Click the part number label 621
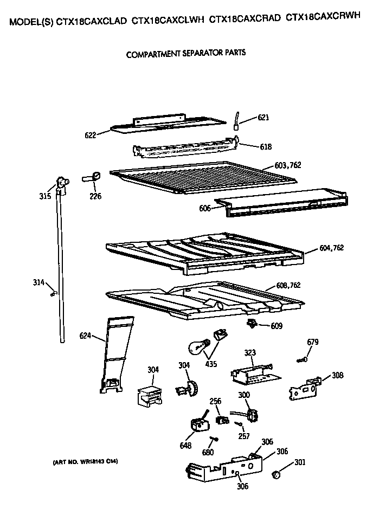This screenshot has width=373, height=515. click(x=263, y=117)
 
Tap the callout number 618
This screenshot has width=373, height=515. click(x=266, y=146)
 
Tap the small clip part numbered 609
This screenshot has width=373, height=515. click(x=252, y=324)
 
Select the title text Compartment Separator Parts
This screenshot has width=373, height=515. click(x=186, y=54)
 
